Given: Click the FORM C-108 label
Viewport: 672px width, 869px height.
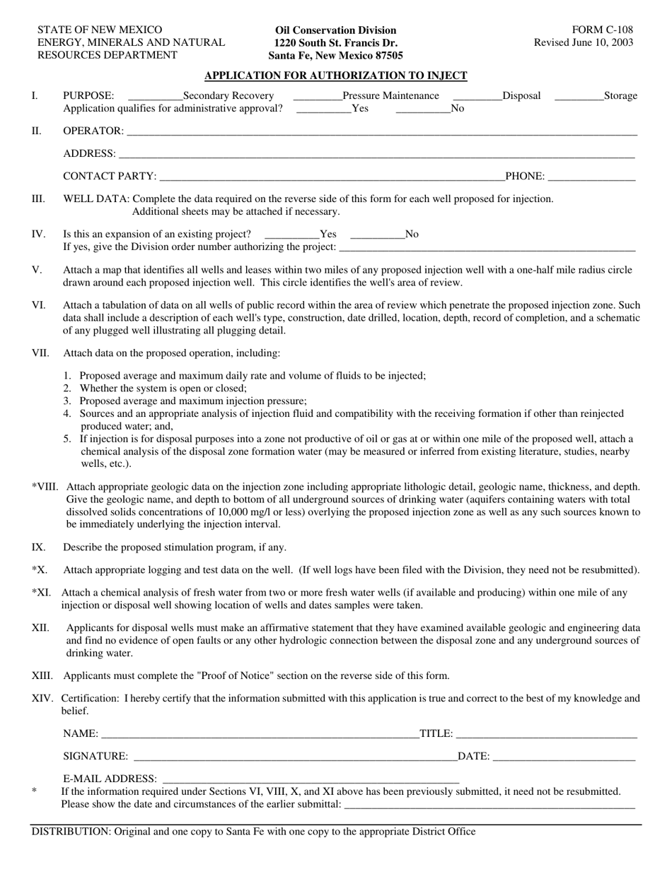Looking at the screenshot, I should tap(603, 30).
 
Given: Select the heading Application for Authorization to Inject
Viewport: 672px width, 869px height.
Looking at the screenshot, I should tap(335, 76).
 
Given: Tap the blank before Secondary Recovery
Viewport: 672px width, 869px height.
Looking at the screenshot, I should tap(155, 96).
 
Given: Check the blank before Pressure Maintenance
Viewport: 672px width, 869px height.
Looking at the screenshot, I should tap(317, 96).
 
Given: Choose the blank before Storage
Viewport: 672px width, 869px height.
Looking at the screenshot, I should tap(579, 96).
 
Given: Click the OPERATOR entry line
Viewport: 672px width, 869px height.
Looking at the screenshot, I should tap(381, 131).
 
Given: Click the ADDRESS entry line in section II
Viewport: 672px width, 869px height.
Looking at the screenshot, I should tap(376, 154).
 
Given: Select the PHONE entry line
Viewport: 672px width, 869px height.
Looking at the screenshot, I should tap(591, 177).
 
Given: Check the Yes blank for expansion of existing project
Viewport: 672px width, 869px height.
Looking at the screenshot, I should tap(291, 235).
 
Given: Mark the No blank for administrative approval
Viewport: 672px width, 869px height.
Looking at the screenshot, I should tap(422, 109).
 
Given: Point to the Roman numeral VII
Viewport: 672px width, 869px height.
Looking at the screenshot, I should tap(40, 353).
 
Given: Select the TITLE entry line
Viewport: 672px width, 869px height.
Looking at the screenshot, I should tap(546, 735).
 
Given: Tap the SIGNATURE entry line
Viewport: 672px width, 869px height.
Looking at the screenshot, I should tap(294, 757).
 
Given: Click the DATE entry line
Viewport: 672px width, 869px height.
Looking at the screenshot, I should tap(564, 757).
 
